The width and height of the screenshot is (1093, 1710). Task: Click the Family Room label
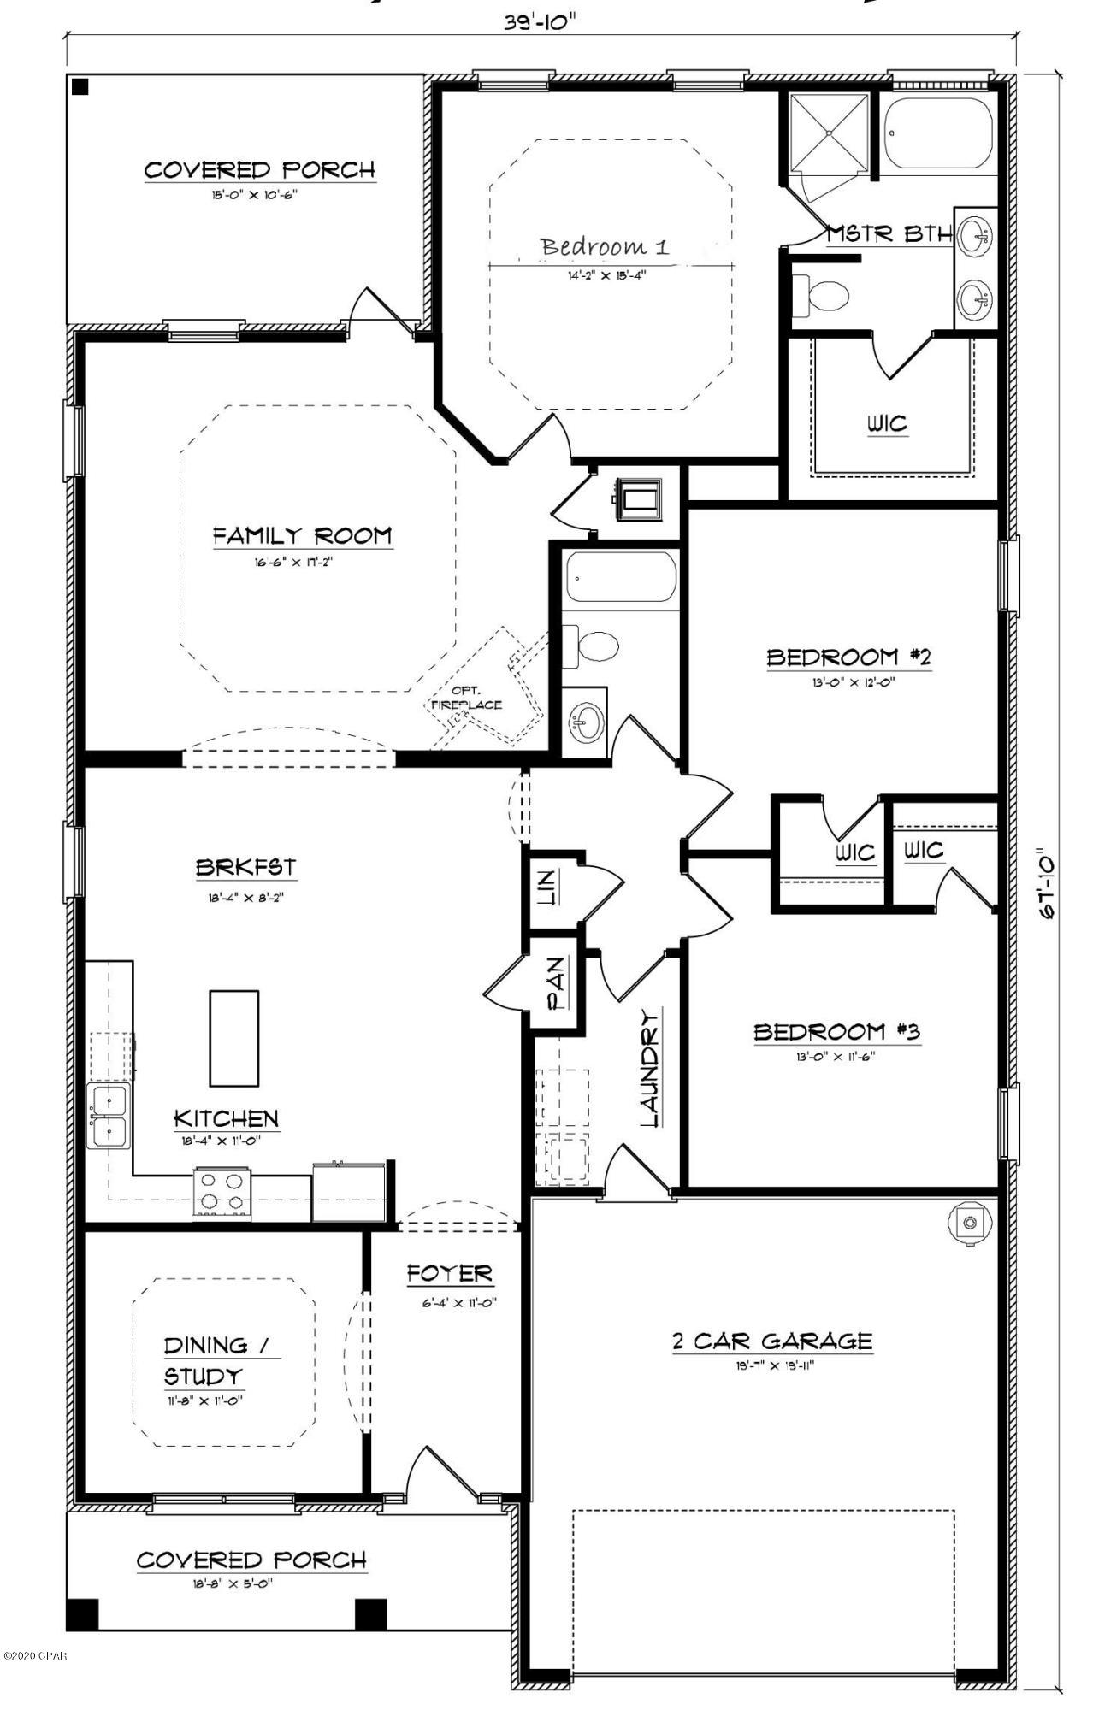tap(302, 536)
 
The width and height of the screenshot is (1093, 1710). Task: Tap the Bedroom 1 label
tap(604, 247)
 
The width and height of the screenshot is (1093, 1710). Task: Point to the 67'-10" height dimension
tap(1046, 883)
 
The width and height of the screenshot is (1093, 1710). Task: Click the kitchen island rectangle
tap(234, 1037)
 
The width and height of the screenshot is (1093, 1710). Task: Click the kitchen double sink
tap(108, 1117)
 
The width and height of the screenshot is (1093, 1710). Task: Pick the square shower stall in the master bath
tap(828, 134)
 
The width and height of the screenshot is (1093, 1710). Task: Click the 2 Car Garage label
tap(771, 1341)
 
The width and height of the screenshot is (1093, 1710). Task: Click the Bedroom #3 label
tap(836, 1032)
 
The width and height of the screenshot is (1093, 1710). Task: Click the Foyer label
tap(449, 1274)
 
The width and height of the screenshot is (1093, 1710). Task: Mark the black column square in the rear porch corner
tap(80, 86)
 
